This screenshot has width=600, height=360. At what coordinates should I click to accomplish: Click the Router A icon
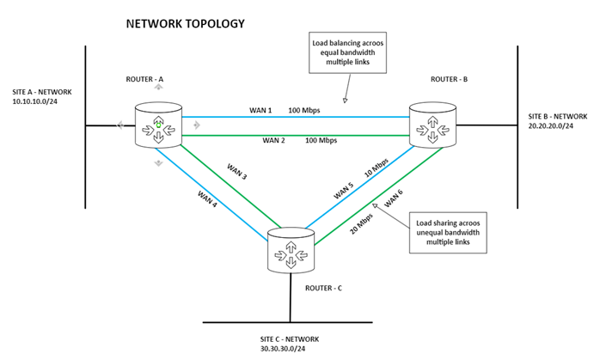click(158, 125)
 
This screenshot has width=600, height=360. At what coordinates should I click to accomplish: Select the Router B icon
click(432, 125)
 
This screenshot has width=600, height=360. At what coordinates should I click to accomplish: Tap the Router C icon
click(291, 250)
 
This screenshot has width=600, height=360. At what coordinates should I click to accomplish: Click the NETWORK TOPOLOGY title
click(185, 24)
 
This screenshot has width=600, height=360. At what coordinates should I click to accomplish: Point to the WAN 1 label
click(260, 111)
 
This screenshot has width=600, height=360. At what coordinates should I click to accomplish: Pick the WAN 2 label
click(273, 140)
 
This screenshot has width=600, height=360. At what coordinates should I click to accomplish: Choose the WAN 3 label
click(237, 171)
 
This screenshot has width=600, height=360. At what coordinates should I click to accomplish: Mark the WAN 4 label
click(207, 199)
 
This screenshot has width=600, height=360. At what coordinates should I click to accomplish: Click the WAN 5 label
click(343, 192)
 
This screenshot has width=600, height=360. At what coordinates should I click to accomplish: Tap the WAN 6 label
click(394, 198)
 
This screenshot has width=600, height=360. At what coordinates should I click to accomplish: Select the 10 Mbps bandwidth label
click(377, 168)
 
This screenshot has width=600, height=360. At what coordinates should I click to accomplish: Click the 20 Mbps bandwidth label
click(361, 223)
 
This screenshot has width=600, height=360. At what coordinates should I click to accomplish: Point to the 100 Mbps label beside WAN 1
click(304, 111)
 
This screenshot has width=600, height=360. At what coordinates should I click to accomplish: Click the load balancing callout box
click(348, 52)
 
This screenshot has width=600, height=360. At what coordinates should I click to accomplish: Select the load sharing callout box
click(448, 233)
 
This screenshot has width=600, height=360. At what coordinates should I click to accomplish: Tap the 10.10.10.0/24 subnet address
click(35, 101)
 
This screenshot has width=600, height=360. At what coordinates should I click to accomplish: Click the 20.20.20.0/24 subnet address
click(551, 125)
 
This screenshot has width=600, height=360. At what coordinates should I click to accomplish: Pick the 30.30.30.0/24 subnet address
click(283, 349)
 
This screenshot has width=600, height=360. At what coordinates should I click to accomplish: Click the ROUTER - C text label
click(324, 288)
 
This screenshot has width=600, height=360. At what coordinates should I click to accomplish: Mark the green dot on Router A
click(158, 125)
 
